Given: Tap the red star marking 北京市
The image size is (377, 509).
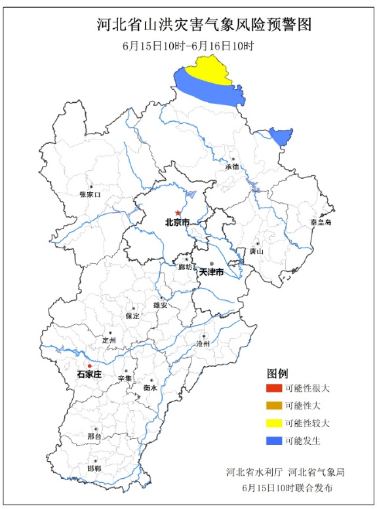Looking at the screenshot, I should click(x=178, y=213).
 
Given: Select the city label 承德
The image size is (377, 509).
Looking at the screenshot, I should click(x=232, y=166).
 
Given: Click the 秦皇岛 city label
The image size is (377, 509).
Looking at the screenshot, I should click(x=321, y=223).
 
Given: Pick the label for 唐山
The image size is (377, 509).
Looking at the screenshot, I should click(x=256, y=250).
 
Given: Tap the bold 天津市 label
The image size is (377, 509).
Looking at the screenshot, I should click(x=212, y=271).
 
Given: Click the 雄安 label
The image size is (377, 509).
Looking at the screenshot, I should click(x=160, y=305).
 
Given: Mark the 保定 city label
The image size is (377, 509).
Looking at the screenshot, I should click(x=133, y=315).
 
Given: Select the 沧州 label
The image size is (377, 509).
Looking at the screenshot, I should click(x=203, y=343).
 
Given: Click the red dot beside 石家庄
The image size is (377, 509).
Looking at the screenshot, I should click(x=90, y=366).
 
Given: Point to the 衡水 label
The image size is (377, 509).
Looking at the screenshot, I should click(x=150, y=388).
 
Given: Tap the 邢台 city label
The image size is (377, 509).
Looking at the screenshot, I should click(x=94, y=436).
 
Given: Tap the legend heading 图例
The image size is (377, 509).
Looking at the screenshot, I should click(x=278, y=373).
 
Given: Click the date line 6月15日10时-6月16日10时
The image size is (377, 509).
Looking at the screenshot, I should click(x=188, y=47).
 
